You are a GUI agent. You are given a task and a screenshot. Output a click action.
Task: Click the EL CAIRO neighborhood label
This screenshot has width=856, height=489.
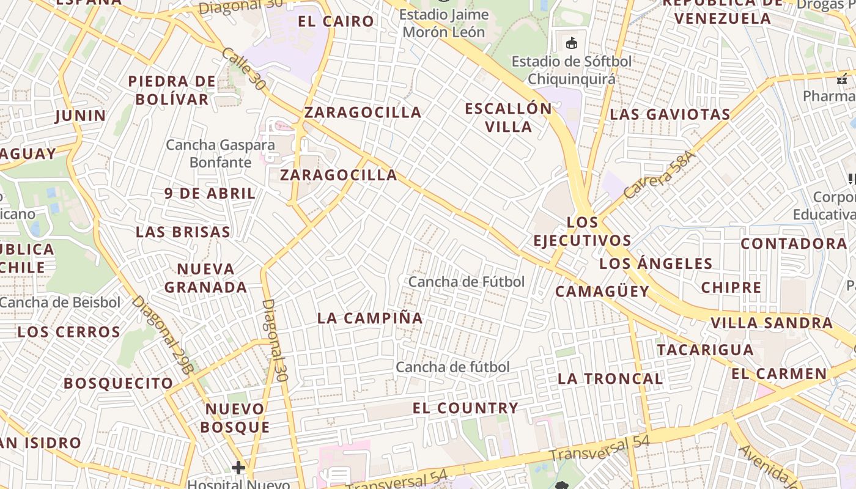pyautogui.click(x=336, y=21)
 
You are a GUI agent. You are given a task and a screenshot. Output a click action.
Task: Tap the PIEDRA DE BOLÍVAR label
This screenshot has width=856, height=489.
pyautogui.click(x=172, y=90)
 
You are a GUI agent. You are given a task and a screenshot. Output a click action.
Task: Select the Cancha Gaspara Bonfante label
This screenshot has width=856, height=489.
pyautogui.click(x=221, y=153)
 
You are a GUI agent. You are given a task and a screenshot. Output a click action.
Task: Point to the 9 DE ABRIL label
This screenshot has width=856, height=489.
pyautogui.click(x=210, y=194)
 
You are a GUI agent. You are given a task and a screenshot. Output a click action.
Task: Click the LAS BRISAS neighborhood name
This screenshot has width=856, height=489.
pyautogui.click(x=183, y=232)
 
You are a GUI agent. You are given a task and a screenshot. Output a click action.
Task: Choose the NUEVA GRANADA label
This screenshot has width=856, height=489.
pyautogui.click(x=205, y=278)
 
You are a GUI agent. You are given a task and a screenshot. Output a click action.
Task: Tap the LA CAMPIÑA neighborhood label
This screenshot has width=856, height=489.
pyautogui.click(x=370, y=318)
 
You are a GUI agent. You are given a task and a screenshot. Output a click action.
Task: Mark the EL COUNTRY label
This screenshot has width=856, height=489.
pyautogui.click(x=465, y=408)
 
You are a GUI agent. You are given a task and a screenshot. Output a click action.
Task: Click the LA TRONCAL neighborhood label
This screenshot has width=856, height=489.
pyautogui.click(x=610, y=379)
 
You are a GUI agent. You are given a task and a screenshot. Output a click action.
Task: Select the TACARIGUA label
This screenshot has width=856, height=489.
pyautogui.click(x=705, y=350)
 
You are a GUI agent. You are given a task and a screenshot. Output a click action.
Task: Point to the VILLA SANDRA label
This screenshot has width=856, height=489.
pyautogui.click(x=771, y=323)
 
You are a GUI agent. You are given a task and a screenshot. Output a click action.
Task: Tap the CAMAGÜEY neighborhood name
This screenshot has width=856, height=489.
pyautogui.click(x=602, y=292)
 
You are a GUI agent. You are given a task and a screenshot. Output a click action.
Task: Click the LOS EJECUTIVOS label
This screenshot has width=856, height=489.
pyautogui.click(x=582, y=231)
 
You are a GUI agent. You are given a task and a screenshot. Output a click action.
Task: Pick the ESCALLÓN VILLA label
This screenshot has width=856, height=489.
pyautogui.click(x=508, y=117)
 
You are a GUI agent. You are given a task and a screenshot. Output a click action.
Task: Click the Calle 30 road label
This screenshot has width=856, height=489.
pyautogui.click(x=244, y=69)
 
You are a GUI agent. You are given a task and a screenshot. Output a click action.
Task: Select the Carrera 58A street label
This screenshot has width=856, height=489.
pyautogui.click(x=660, y=175)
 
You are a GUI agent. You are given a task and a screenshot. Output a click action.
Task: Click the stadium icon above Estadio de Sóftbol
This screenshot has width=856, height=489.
pyautogui.click(x=572, y=43)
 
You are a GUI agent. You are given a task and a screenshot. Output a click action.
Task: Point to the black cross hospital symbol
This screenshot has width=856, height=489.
pyautogui.click(x=238, y=468)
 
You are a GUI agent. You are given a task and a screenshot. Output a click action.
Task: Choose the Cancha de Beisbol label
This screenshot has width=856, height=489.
pyautogui.click(x=61, y=303)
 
